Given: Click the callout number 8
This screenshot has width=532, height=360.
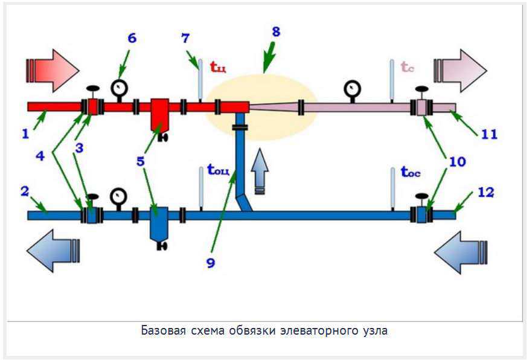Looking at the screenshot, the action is [x=276, y=31].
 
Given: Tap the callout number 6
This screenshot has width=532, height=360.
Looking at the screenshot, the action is [x=132, y=38].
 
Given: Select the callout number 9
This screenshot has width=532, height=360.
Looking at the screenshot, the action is [x=211, y=263].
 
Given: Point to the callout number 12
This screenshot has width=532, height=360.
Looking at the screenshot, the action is [x=486, y=193].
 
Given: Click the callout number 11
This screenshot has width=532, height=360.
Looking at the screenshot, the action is [x=489, y=134].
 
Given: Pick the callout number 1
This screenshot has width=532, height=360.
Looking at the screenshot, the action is [x=25, y=133].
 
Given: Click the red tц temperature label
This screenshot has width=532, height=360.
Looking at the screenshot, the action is [x=218, y=66].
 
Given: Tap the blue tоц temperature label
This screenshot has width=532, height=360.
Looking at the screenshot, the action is [x=218, y=170].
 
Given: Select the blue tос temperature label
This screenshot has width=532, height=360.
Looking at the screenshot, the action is [x=411, y=172].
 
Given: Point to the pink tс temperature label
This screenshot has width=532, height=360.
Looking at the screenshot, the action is [x=408, y=67].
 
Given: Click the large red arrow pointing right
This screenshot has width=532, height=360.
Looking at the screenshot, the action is [x=53, y=71].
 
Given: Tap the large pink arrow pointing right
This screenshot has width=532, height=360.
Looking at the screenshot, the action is [x=460, y=71].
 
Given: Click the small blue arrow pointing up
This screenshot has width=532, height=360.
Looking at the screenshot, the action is [x=260, y=172].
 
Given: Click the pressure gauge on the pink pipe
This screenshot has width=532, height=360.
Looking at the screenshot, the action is [x=352, y=91].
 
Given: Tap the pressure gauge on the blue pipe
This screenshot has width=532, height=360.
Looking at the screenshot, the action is [x=119, y=199].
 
